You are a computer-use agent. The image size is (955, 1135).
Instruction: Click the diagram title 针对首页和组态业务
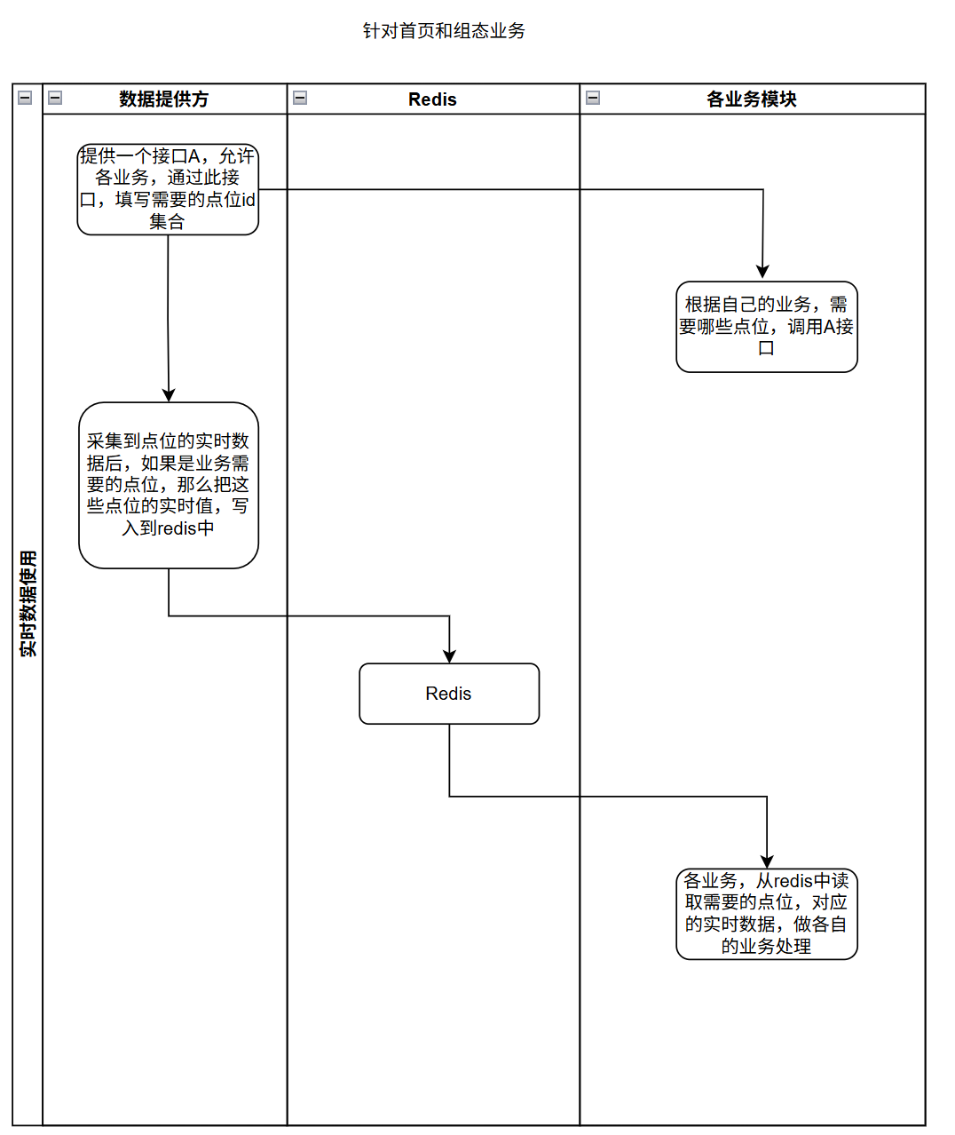pyautogui.click(x=444, y=31)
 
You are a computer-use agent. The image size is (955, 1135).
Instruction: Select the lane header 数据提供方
pyautogui.click(x=164, y=99)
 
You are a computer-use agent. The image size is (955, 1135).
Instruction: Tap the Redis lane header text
pyautogui.click(x=432, y=99)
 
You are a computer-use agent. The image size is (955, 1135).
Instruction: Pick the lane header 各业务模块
pyautogui.click(x=751, y=99)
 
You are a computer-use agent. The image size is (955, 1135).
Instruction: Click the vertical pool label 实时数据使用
pyautogui.click(x=28, y=604)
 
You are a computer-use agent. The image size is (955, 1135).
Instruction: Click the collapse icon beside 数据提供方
pyautogui.click(x=55, y=98)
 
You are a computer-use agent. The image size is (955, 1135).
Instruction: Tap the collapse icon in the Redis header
pyautogui.click(x=300, y=98)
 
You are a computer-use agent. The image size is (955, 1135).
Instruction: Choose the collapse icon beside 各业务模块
pyautogui.click(x=593, y=98)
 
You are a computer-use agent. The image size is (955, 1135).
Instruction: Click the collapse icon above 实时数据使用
pyautogui.click(x=25, y=98)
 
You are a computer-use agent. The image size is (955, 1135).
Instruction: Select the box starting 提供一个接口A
pyautogui.click(x=168, y=189)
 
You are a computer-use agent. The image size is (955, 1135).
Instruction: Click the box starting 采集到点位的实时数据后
pyautogui.click(x=169, y=485)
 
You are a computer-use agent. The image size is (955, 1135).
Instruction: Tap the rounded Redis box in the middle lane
pyautogui.click(x=449, y=694)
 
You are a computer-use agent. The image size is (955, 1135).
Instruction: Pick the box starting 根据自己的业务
pyautogui.click(x=767, y=327)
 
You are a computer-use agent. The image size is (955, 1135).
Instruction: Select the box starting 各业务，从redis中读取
pyautogui.click(x=767, y=914)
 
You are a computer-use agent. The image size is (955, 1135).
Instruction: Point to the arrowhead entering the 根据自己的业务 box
pyautogui.click(x=762, y=272)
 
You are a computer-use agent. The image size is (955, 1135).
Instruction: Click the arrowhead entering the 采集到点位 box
pyautogui.click(x=169, y=395)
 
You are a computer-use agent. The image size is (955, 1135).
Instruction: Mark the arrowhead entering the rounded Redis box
pyautogui.click(x=450, y=656)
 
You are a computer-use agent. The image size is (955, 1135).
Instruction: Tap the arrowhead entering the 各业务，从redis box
pyautogui.click(x=767, y=861)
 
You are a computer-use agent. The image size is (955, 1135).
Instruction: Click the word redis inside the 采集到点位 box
pyautogui.click(x=177, y=528)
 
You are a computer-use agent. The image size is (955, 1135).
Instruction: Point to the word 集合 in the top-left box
pyautogui.click(x=167, y=222)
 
